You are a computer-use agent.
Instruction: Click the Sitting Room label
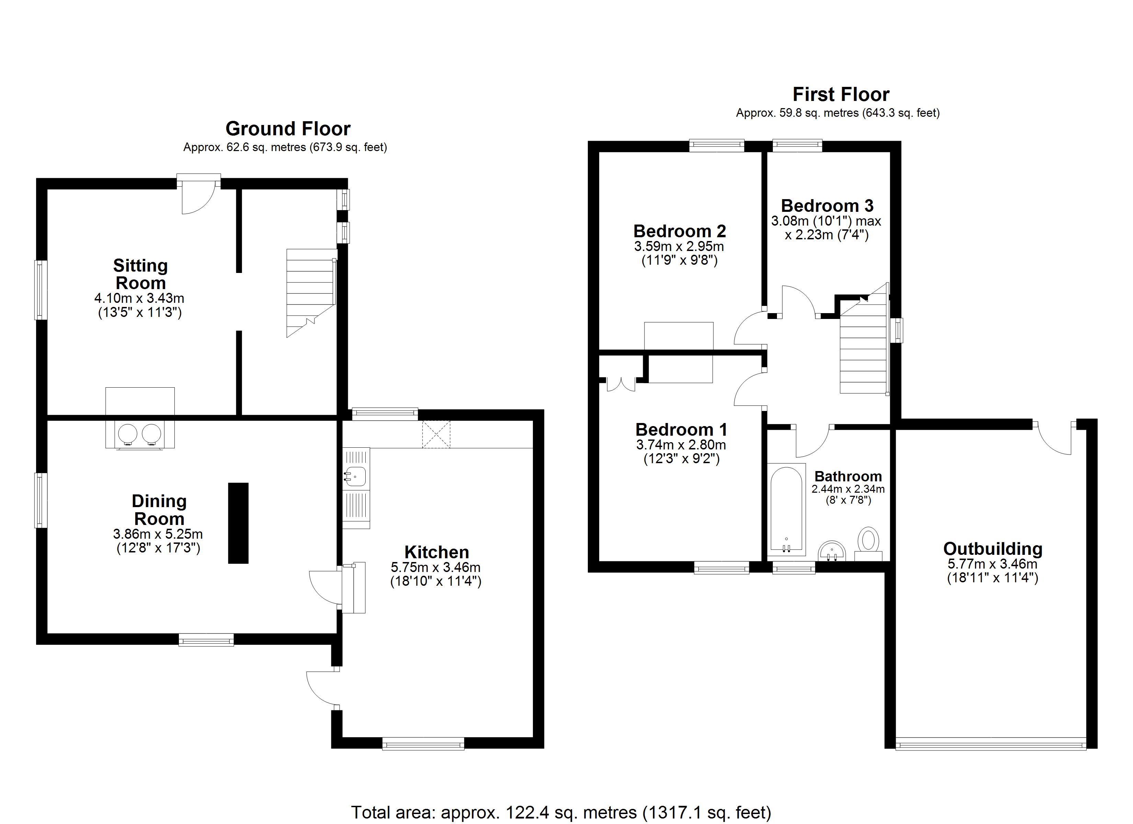[x=140, y=274]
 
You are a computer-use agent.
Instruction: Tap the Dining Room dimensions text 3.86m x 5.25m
[x=158, y=534]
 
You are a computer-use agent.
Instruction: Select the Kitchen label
[x=437, y=552]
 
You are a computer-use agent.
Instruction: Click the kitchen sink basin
[x=356, y=476]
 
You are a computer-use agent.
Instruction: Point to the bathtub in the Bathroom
[x=786, y=510]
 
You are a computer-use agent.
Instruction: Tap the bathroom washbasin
[x=832, y=552]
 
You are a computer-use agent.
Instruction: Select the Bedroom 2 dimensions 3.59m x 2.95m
[x=679, y=247]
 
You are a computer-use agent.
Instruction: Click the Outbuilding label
[x=993, y=549]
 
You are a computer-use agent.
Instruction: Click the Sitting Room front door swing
[x=198, y=199]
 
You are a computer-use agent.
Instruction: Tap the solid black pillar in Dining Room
[x=238, y=523]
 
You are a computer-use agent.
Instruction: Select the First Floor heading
[x=841, y=94]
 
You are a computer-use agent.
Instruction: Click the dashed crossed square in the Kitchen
[x=436, y=434]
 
